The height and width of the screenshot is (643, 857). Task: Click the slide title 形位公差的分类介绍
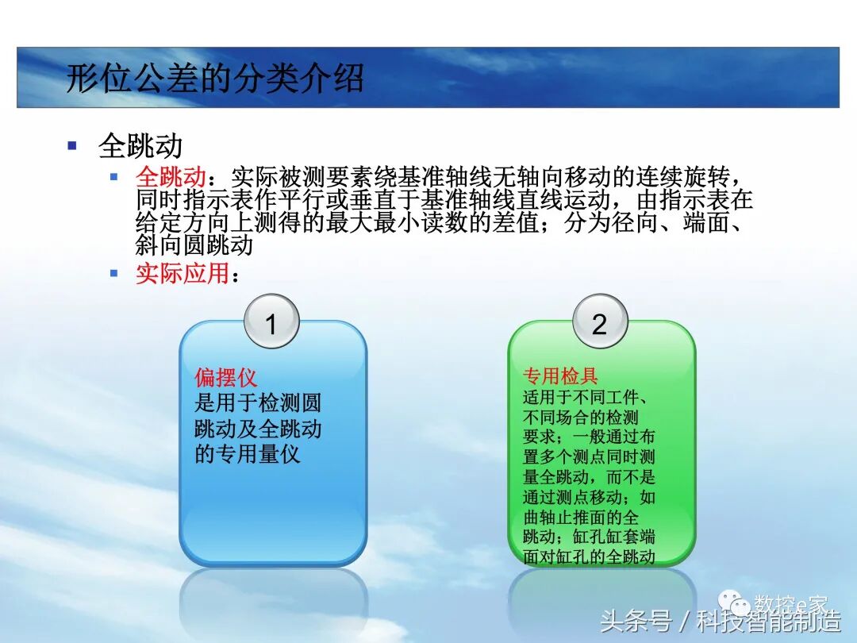pyautogui.click(x=214, y=79)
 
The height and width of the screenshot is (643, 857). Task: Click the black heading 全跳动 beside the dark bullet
pyautogui.click(x=140, y=146)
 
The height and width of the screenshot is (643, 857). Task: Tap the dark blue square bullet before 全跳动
pyautogui.click(x=73, y=145)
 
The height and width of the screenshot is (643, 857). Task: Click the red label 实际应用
pyautogui.click(x=183, y=274)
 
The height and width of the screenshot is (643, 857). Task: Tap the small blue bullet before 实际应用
pyautogui.click(x=114, y=273)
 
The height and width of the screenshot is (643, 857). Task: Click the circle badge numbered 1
pyautogui.click(x=271, y=324)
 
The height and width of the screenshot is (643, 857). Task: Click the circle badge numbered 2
pyautogui.click(x=599, y=324)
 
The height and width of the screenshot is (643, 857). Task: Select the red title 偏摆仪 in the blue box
pyautogui.click(x=226, y=377)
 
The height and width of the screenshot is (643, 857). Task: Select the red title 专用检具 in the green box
pyautogui.click(x=560, y=375)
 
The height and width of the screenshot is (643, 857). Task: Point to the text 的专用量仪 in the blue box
pyautogui.click(x=248, y=455)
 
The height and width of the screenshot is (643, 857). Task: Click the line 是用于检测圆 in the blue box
pyautogui.click(x=258, y=403)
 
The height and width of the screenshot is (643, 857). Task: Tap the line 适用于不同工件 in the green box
pyautogui.click(x=588, y=397)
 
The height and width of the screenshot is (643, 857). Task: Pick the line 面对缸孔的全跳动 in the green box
pyautogui.click(x=589, y=556)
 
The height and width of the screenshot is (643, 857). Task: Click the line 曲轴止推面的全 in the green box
pyautogui.click(x=582, y=517)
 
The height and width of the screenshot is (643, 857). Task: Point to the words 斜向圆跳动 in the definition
pyautogui.click(x=194, y=245)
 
